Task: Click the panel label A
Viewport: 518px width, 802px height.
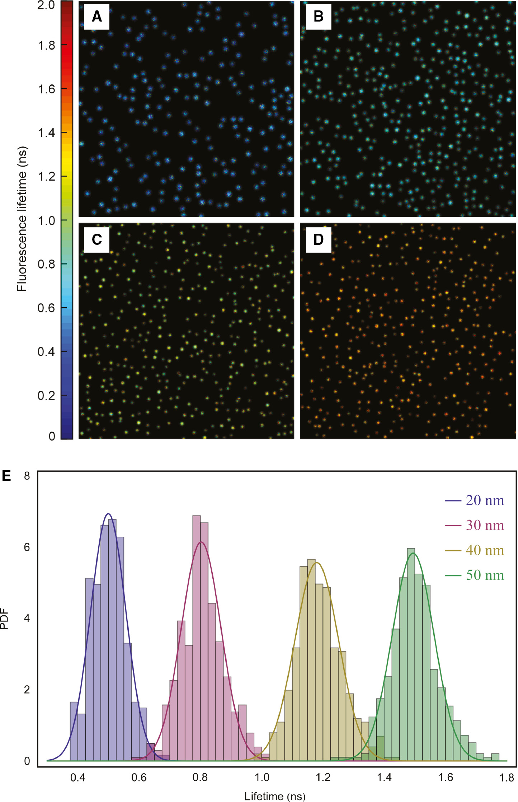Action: (96, 17)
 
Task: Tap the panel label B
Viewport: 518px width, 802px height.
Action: (318, 17)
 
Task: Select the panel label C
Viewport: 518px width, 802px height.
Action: (96, 239)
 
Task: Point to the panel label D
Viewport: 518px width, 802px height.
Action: (318, 239)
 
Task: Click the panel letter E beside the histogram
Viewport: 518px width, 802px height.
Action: (6, 476)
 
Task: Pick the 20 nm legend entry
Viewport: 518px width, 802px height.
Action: (475, 500)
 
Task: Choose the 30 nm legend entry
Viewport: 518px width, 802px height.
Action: (475, 525)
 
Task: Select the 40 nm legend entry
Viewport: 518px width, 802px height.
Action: (475, 550)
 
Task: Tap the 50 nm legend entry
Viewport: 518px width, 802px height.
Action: (475, 575)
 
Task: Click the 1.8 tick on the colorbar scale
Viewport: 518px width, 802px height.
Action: (47, 46)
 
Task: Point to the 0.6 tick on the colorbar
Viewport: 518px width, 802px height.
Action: (47, 308)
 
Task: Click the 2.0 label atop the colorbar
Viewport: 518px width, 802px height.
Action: (47, 5)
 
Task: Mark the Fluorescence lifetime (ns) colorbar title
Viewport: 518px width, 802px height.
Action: (22, 219)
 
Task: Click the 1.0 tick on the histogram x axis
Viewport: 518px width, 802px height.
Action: (262, 777)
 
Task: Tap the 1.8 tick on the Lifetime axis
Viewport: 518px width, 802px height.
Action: (507, 777)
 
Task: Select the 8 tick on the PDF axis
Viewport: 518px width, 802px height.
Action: (27, 476)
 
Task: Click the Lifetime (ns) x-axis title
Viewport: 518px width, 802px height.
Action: (275, 796)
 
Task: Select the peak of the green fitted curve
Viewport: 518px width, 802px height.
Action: (413, 553)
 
